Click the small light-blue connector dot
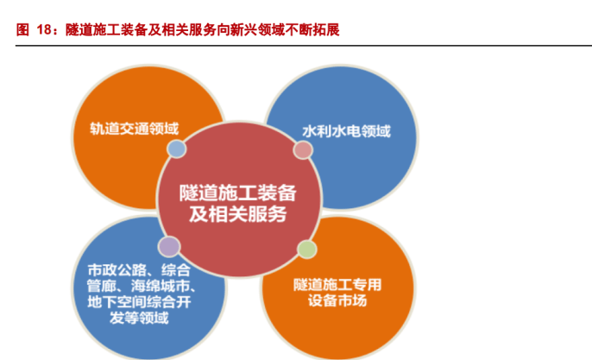(x=177, y=148)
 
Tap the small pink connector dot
(x=303, y=150)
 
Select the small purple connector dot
(x=169, y=247)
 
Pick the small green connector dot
(x=307, y=249)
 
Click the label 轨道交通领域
(x=135, y=129)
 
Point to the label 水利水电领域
(x=346, y=131)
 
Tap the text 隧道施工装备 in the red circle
(x=238, y=193)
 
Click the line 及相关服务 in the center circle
(x=238, y=214)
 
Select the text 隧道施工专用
(x=337, y=285)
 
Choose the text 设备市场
(x=337, y=300)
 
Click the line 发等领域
(x=139, y=318)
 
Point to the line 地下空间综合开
(x=139, y=302)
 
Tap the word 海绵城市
(x=161, y=286)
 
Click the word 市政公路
(x=117, y=270)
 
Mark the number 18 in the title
(x=44, y=30)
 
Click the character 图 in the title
(x=22, y=30)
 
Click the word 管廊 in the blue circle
(x=101, y=286)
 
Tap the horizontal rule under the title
(x=304, y=46)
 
